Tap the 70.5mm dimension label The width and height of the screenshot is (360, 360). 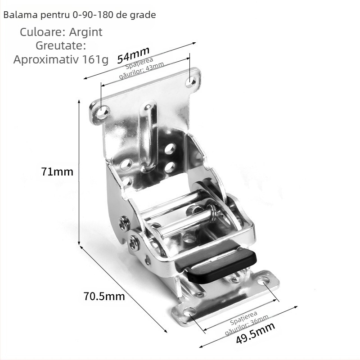click(x=104, y=296)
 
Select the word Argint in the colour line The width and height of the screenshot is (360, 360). click(x=85, y=32)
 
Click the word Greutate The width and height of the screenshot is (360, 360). click(x=61, y=46)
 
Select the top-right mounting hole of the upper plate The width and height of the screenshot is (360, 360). click(x=192, y=81)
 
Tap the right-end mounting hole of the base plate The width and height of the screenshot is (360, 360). click(x=264, y=281)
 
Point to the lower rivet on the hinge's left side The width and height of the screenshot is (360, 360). click(x=134, y=243)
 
